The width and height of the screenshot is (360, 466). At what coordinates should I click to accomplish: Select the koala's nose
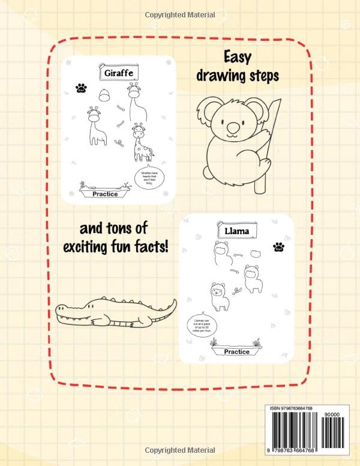[x=232, y=128]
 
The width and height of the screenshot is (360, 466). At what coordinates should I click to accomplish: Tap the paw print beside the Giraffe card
[x=81, y=88]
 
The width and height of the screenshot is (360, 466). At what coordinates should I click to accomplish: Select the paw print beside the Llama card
[x=278, y=246]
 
